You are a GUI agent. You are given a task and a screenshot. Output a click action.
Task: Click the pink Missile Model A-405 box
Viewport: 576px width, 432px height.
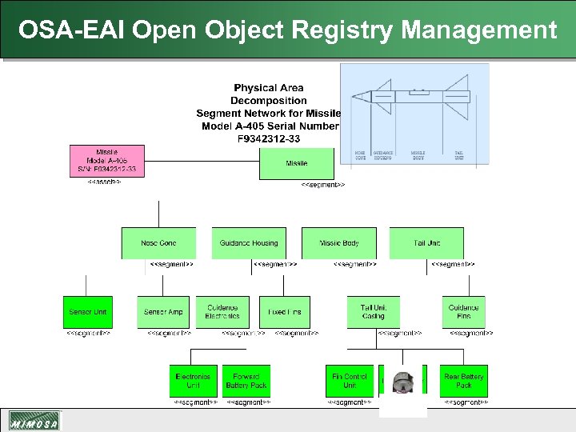[107, 161]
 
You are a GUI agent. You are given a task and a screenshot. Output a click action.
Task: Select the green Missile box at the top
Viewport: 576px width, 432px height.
[296, 164]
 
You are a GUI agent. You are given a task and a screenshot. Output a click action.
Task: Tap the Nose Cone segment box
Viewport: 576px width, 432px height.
[158, 243]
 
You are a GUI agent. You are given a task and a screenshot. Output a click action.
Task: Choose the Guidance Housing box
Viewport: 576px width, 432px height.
[249, 243]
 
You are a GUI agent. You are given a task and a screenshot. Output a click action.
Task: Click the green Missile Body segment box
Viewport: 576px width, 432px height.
[339, 243]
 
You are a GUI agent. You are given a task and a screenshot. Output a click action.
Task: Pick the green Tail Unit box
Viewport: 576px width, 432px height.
[426, 243]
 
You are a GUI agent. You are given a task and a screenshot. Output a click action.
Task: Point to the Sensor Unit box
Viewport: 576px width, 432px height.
[87, 312]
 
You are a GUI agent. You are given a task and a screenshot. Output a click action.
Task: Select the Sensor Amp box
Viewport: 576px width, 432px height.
[163, 312]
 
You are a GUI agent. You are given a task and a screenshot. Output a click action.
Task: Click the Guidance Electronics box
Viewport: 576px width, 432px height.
[222, 312]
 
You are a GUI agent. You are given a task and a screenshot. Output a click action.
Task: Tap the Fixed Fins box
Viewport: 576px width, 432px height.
[285, 312]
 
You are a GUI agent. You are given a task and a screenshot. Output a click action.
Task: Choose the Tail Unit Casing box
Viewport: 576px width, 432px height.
[373, 312]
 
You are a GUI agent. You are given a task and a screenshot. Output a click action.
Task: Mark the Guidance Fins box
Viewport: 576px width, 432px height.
[463, 312]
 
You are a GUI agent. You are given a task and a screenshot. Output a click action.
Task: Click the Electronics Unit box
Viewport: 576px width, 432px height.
[193, 381]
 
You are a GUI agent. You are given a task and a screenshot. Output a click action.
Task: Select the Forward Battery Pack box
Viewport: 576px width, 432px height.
[246, 381]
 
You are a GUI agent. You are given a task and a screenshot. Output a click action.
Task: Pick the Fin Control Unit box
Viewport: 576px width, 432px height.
[350, 381]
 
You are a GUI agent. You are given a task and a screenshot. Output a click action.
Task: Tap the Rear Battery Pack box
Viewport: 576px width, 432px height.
[464, 381]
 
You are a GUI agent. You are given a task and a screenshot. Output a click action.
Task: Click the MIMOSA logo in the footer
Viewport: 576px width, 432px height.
[34, 422]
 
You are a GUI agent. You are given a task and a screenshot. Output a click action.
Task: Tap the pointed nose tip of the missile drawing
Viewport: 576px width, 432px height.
[353, 97]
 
